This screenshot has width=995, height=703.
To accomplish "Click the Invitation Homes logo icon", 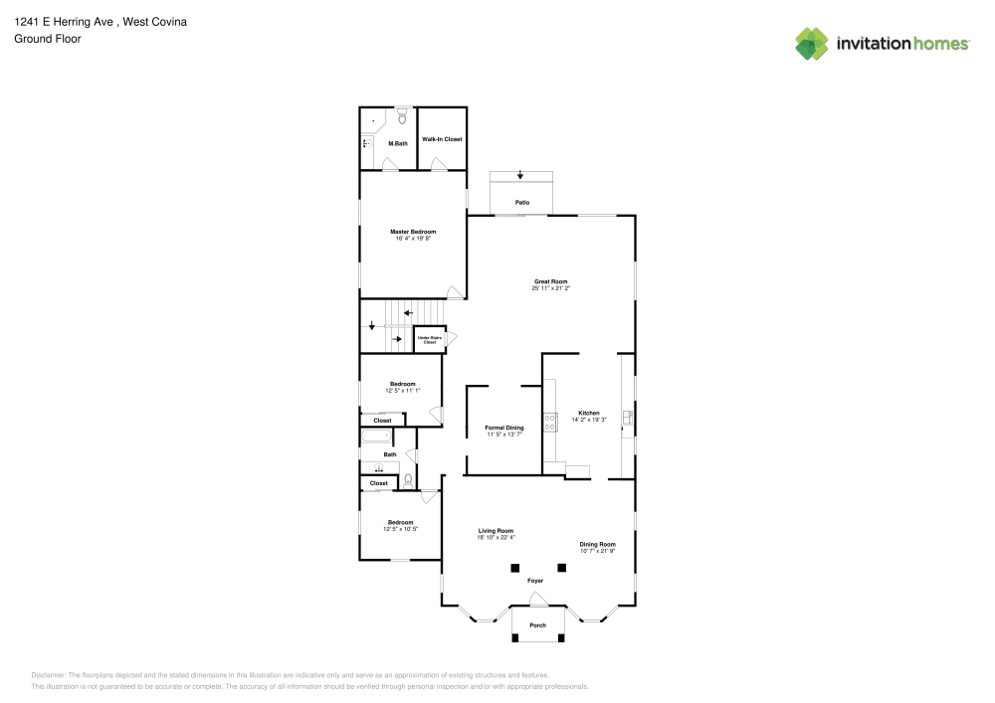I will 812,43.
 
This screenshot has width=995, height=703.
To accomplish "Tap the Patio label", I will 521,202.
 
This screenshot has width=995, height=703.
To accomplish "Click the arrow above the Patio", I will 520,176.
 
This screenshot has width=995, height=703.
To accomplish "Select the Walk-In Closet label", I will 442,139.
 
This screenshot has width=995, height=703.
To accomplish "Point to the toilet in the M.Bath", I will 402,116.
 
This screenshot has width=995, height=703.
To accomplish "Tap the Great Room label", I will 550,281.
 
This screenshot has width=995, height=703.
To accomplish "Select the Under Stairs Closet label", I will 427,340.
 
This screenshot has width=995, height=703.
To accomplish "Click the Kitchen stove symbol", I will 549,422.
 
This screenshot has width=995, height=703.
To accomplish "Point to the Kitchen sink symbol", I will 627,419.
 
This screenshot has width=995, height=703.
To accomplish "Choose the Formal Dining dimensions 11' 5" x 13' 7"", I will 504,435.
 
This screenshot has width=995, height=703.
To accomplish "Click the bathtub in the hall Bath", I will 377,437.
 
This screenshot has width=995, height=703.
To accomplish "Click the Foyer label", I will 535,580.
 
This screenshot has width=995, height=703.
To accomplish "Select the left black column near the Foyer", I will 514,568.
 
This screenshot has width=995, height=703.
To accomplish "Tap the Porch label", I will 537,625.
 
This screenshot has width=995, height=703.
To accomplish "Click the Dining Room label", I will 598,544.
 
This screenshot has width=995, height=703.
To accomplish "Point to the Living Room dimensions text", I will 496,537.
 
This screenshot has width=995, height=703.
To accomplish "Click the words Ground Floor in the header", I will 48,39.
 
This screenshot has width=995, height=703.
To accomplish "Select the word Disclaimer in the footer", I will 48,674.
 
